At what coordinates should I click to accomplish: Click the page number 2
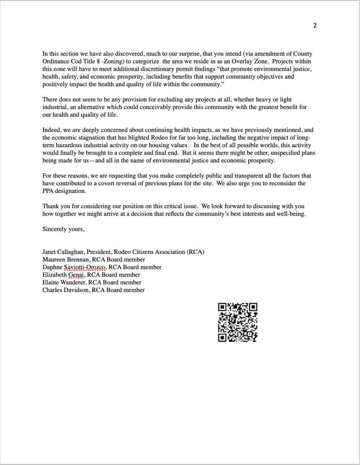point(315,25)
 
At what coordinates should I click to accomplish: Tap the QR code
point(238,322)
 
